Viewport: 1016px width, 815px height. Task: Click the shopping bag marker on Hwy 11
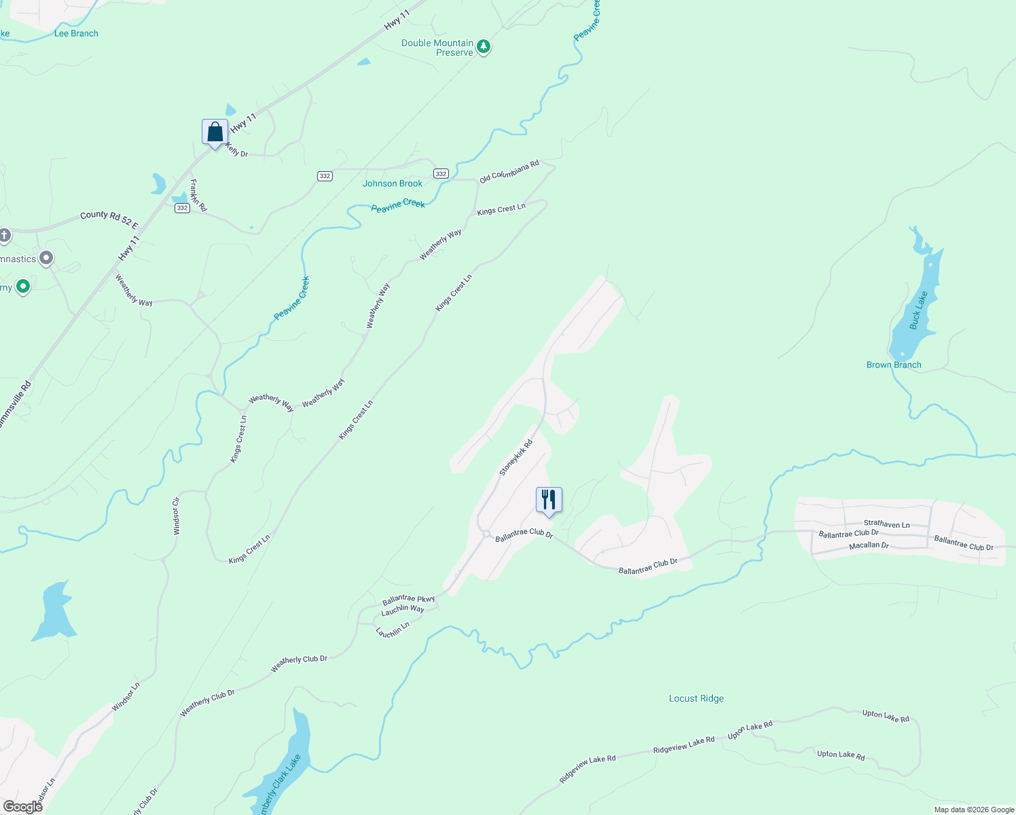[215, 132]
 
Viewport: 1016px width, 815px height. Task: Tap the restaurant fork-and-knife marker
[549, 500]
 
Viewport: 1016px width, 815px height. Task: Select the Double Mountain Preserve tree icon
[484, 47]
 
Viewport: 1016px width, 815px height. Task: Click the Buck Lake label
[918, 310]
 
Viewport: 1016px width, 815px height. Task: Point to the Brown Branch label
[894, 365]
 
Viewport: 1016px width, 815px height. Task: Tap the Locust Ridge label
[696, 698]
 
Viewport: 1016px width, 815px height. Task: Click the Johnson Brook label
[393, 183]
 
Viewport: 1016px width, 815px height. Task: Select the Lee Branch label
[76, 33]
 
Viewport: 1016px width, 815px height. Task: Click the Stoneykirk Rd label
[516, 458]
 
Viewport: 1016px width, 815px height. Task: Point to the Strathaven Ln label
[886, 524]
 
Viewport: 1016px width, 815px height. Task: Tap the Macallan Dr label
[869, 545]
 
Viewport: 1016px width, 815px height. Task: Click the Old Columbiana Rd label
[509, 172]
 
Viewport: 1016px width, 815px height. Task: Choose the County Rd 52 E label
[109, 219]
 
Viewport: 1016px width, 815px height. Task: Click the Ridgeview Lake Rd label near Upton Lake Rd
[684, 745]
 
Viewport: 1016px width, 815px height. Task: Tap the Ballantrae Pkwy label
[408, 600]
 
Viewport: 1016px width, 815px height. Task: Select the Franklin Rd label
[198, 196]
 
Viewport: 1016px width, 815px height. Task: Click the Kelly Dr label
[236, 150]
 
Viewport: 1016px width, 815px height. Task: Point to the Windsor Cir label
[177, 516]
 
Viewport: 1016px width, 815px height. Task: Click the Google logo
[23, 806]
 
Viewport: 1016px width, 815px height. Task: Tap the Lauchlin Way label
[403, 611]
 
